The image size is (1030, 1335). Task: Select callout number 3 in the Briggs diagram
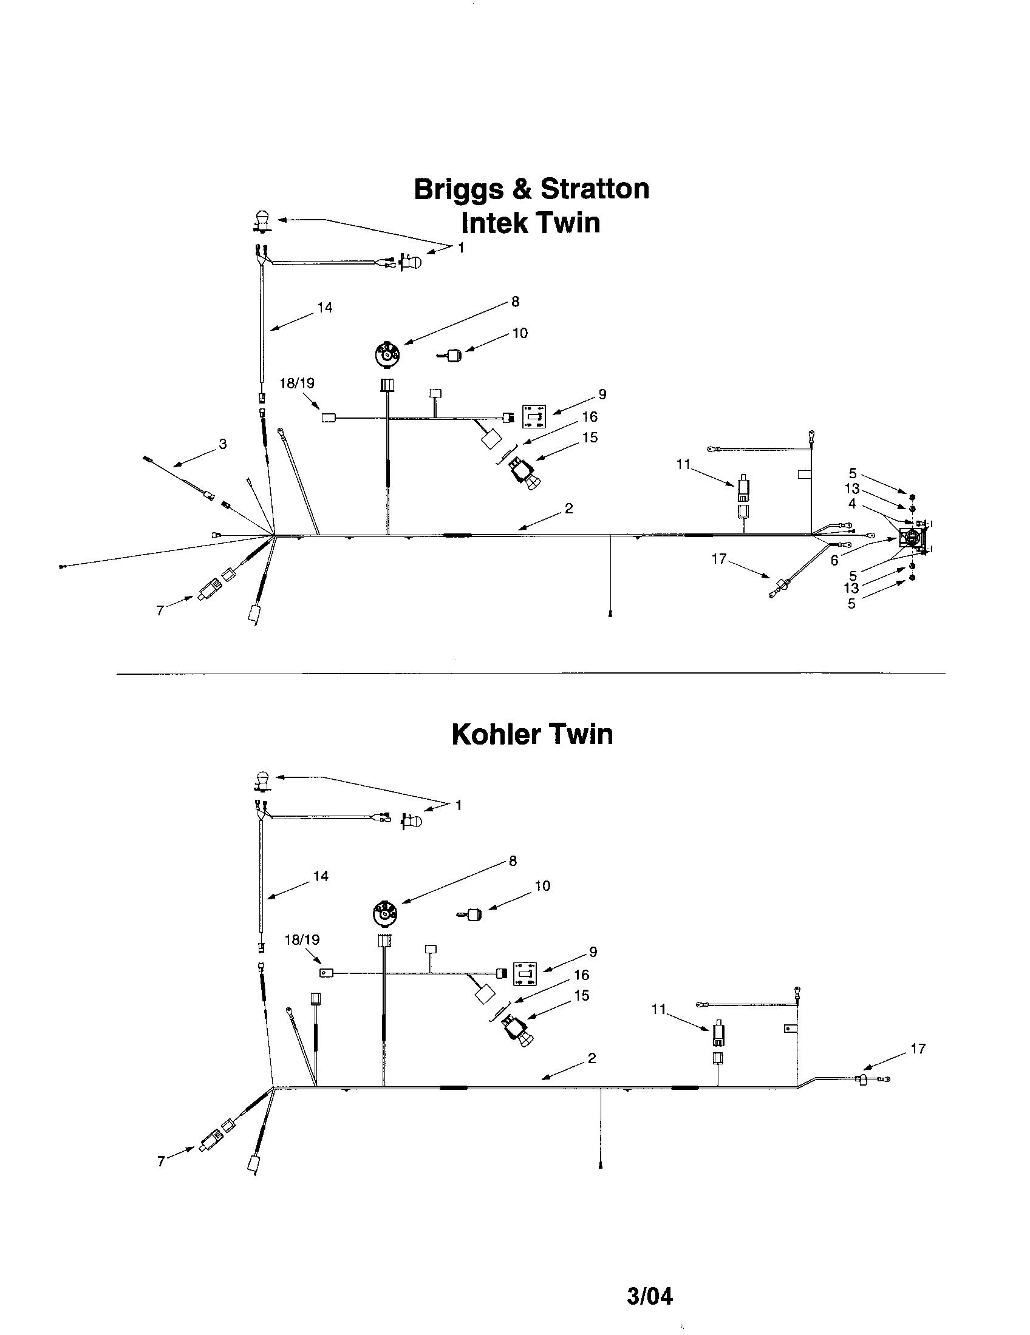[223, 444]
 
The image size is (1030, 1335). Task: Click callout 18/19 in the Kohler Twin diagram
[302, 939]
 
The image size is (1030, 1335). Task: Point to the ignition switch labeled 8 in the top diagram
[387, 354]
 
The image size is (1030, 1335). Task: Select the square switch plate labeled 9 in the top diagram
[533, 416]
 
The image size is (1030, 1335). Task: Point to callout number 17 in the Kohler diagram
[918, 1049]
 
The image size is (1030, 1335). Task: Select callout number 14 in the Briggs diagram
[325, 308]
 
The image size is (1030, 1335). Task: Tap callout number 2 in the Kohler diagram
[592, 1058]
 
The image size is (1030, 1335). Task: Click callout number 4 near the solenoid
[851, 504]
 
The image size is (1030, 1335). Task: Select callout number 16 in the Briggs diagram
[590, 416]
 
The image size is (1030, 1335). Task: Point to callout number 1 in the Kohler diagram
[459, 805]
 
